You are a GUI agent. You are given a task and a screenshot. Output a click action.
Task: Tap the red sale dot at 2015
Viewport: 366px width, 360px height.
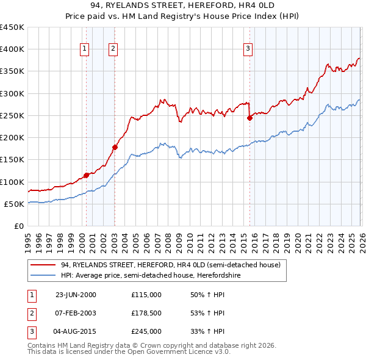click(249, 118)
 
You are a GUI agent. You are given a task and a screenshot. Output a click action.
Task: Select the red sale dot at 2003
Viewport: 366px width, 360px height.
click(115, 147)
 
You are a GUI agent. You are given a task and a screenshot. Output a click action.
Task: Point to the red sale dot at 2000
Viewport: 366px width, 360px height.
click(86, 175)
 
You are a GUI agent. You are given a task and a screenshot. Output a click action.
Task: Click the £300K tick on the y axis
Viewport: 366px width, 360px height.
click(12, 93)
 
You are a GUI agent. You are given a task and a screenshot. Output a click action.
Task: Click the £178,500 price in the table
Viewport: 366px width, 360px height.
click(146, 313)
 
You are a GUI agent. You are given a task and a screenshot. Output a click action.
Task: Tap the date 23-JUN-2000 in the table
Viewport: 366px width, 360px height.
click(76, 294)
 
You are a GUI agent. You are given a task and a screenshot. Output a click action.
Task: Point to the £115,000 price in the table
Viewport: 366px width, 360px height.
click(146, 294)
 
